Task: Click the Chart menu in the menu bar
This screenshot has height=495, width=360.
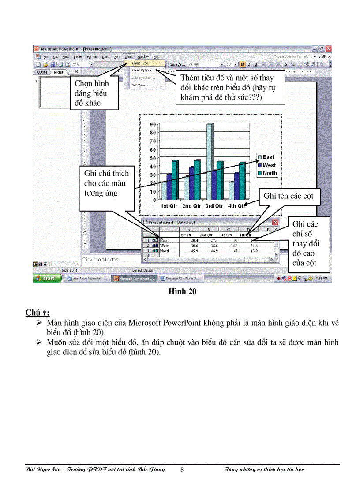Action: click(x=128, y=56)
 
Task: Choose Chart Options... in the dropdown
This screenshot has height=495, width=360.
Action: click(x=142, y=70)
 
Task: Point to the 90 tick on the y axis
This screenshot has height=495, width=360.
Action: click(x=153, y=125)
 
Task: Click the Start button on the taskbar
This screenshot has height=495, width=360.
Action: click(x=46, y=279)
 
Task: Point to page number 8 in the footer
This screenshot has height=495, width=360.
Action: click(x=182, y=469)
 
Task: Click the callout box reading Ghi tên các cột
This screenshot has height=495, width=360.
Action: click(x=288, y=196)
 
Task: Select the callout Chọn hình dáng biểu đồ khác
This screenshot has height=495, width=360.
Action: click(x=93, y=93)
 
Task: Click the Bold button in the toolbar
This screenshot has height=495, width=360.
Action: click(x=242, y=64)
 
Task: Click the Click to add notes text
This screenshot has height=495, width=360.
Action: click(x=100, y=260)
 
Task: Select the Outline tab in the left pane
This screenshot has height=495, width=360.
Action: click(x=42, y=72)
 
